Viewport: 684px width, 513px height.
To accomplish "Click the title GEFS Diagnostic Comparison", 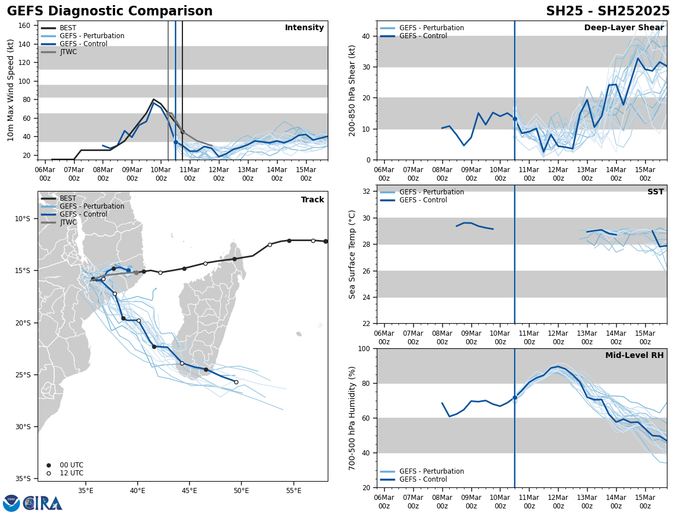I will (109, 11).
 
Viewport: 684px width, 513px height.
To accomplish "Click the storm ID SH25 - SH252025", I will (608, 11).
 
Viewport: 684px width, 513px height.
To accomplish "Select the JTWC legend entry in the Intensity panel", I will (68, 52).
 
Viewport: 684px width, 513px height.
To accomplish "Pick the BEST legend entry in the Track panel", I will (68, 198).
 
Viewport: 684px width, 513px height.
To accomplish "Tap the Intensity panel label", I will (304, 28).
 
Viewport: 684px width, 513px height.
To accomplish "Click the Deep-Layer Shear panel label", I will (624, 28).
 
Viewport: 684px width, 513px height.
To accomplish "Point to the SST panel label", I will (655, 192).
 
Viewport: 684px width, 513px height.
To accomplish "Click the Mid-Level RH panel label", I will (634, 356).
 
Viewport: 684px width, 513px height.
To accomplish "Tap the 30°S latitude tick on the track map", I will (26, 426).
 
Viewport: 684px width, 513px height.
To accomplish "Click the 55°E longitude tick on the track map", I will (293, 491).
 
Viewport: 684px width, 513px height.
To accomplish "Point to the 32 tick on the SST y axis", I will (367, 191).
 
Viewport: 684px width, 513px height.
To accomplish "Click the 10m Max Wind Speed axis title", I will (11, 90).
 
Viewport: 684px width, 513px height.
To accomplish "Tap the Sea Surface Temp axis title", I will (352, 254).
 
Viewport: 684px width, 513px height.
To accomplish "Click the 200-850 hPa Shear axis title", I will (352, 90).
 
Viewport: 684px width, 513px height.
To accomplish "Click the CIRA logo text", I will (43, 503).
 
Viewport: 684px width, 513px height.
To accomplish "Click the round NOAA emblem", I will (11, 503).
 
